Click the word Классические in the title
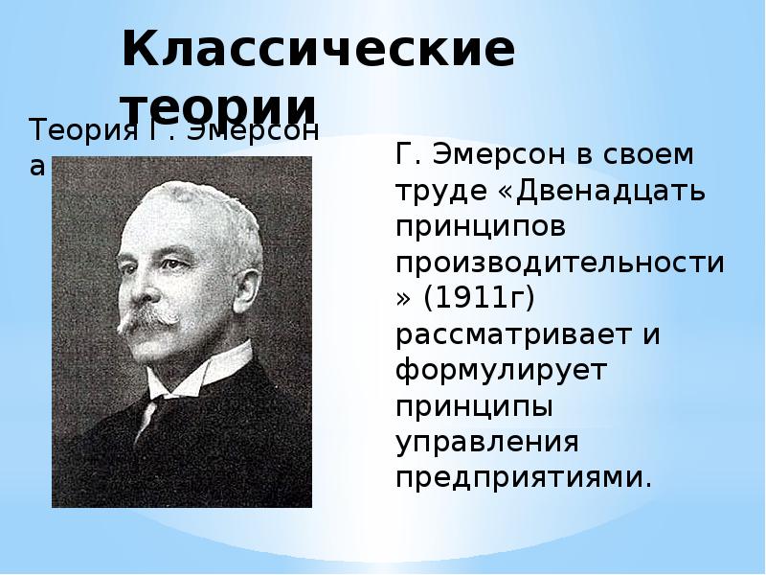(318, 54)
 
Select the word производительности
(561, 262)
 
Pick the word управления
(487, 444)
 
